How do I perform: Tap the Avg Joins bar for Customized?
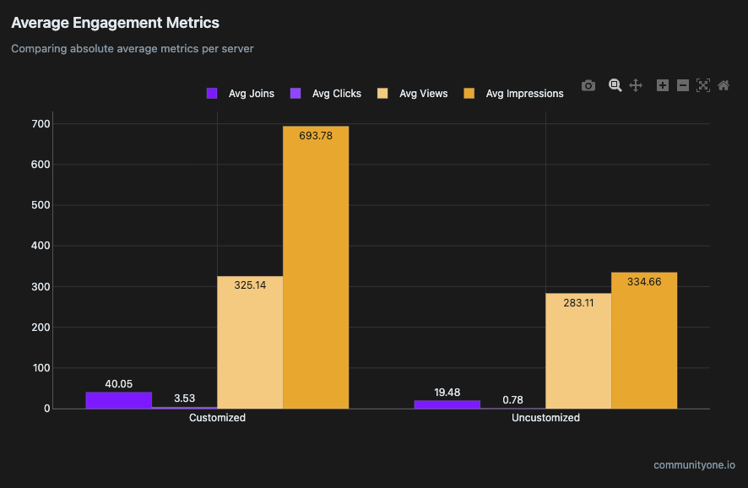click(x=118, y=400)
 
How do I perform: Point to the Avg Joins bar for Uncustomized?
click(x=447, y=404)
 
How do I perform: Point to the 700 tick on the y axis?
click(x=41, y=124)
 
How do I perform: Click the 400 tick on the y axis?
click(x=41, y=246)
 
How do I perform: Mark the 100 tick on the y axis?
click(x=41, y=368)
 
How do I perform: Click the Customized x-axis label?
click(x=217, y=418)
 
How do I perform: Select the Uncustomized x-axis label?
click(x=545, y=418)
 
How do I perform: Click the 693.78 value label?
click(x=316, y=135)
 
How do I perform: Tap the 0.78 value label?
click(x=512, y=399)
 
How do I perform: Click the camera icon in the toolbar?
click(x=588, y=85)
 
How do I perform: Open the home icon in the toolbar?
click(x=724, y=85)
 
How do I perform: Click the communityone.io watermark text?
click(x=694, y=465)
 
